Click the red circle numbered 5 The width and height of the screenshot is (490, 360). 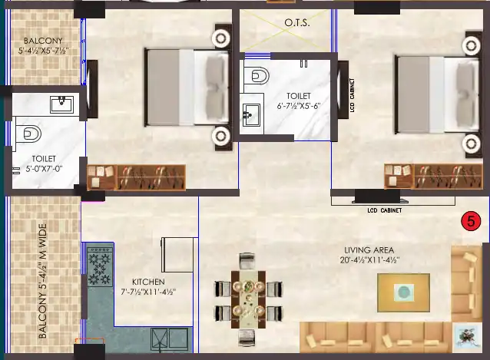(468, 222)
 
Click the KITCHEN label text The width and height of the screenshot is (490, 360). (147, 282)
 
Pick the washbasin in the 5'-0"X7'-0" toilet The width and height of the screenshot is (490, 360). (60, 104)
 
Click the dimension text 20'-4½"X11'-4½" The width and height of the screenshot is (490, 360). (372, 260)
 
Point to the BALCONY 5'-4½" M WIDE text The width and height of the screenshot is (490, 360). (43, 281)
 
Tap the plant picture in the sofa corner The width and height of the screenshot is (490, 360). (463, 334)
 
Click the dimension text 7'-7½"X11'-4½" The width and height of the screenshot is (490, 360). (148, 292)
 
